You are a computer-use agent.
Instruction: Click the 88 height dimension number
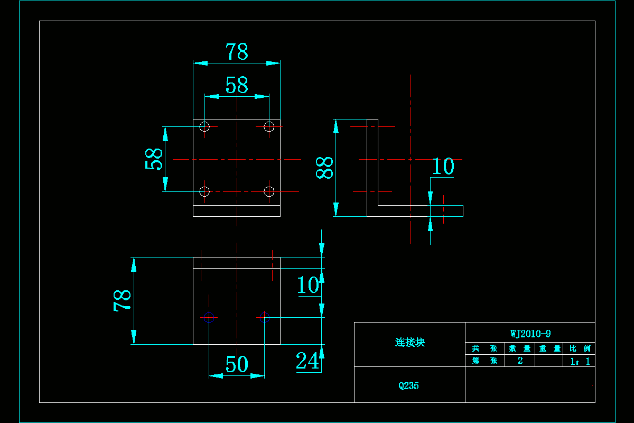pos(325,168)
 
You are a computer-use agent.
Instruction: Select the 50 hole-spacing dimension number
pos(237,364)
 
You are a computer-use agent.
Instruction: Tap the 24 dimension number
pos(307,361)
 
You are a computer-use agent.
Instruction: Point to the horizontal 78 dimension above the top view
pos(237,52)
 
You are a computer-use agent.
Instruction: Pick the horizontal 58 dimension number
pos(237,85)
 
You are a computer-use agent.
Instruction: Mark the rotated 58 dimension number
pos(154,159)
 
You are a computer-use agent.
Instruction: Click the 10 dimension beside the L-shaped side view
pos(443,167)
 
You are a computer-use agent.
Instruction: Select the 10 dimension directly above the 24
pos(307,285)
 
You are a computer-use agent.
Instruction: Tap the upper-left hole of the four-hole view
pos(205,126)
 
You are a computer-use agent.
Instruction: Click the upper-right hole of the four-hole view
pos(269,126)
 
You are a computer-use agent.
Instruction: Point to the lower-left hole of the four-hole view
pos(205,191)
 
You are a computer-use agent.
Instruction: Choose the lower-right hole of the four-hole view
pos(269,191)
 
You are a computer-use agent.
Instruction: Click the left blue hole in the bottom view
pos(209,317)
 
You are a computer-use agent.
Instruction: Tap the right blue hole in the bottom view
pos(265,317)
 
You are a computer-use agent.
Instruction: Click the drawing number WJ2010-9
pos(530,334)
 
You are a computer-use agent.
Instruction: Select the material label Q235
pos(409,385)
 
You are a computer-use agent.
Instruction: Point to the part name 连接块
pos(410,343)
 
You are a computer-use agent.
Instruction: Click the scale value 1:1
pos(580,362)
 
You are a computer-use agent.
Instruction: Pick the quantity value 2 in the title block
pos(520,361)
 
